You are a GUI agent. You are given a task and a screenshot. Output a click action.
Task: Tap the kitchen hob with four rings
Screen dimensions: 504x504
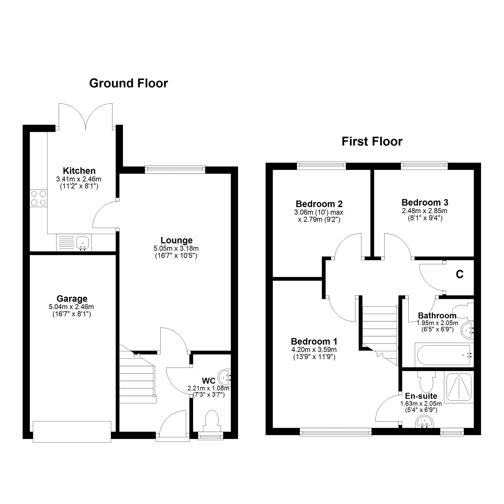[38, 198]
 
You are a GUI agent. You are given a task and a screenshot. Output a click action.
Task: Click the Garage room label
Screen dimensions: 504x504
[72, 299]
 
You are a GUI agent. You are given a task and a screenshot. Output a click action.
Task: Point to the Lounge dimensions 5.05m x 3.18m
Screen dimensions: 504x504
[176, 248]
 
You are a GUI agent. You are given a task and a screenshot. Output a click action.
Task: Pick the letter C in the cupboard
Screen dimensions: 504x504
[459, 274]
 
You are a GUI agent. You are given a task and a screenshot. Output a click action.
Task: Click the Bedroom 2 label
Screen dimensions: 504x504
[319, 204]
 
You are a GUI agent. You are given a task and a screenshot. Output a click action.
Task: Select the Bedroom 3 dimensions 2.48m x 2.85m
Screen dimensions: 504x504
[424, 211]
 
